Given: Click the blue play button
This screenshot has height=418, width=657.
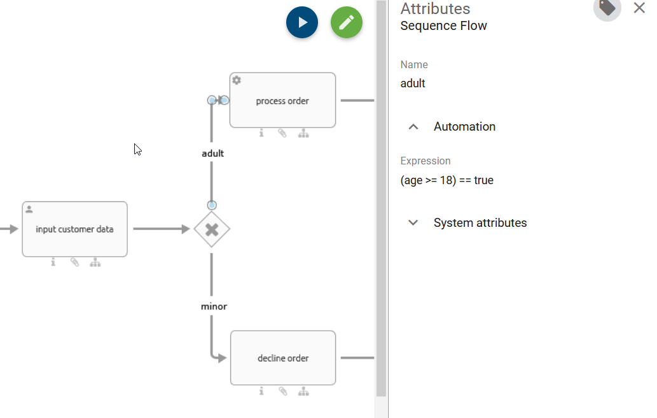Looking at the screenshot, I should coord(302,22).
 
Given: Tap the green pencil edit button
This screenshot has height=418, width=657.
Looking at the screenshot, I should coord(347,22).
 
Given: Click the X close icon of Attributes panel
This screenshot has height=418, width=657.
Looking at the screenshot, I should coord(639,8).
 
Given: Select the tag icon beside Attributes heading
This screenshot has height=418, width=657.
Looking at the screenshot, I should coord(607,7).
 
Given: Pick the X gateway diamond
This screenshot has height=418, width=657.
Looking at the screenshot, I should coord(212,229).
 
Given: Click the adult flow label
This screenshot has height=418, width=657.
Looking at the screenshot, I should coord(212,153).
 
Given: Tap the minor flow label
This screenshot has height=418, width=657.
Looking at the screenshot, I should coord(214,306).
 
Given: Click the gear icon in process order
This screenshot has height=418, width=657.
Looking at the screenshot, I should coord(237,80).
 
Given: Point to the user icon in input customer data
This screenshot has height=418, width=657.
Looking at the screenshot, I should coord(29,209).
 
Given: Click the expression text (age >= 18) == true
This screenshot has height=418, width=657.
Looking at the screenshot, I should coord(446,180).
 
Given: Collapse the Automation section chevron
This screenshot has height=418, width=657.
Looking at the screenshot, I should coord(413,127).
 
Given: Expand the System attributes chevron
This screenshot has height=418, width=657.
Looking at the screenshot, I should coord(413,223).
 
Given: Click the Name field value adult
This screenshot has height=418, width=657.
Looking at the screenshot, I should coord(413,83).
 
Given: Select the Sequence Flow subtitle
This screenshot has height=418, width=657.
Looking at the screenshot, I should coord(443,26).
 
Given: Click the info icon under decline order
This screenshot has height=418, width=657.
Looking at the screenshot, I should coord(261,391).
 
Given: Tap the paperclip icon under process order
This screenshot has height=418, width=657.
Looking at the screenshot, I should coord(282,133).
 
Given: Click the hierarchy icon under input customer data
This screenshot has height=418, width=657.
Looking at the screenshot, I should coord(95,262).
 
